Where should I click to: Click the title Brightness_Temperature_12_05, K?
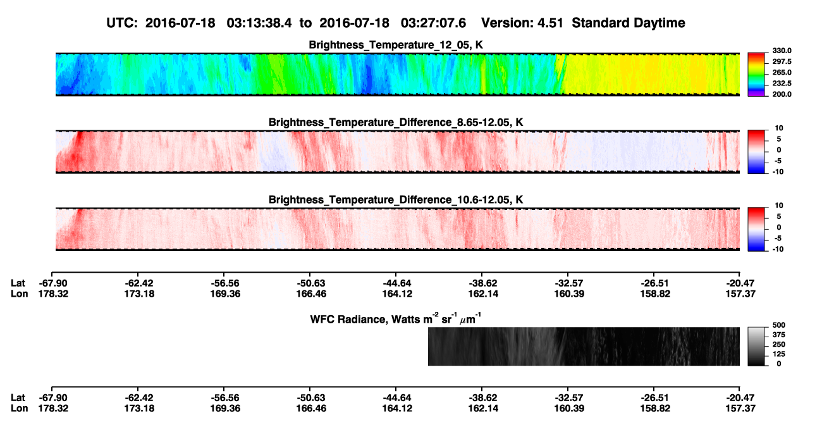(396, 45)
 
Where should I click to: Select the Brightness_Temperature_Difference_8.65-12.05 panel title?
(396, 122)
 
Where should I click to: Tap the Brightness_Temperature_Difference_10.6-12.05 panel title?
(396, 200)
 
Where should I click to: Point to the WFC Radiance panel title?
(396, 319)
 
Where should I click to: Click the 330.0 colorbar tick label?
(782, 51)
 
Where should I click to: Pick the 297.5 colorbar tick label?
(782, 61)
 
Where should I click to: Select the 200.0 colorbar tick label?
(782, 94)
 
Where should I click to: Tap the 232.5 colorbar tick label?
(782, 84)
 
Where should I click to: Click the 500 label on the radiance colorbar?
(779, 325)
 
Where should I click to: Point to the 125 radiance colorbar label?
(779, 354)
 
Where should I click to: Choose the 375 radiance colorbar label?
(779, 335)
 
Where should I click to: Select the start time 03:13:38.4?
(259, 23)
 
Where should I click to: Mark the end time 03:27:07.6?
(433, 23)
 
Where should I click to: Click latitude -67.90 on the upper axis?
(53, 283)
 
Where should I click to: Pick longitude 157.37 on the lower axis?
(740, 409)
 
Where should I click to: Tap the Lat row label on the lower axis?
(18, 398)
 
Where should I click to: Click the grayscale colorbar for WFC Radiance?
(756, 346)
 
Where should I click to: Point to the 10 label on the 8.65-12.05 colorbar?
(779, 128)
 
